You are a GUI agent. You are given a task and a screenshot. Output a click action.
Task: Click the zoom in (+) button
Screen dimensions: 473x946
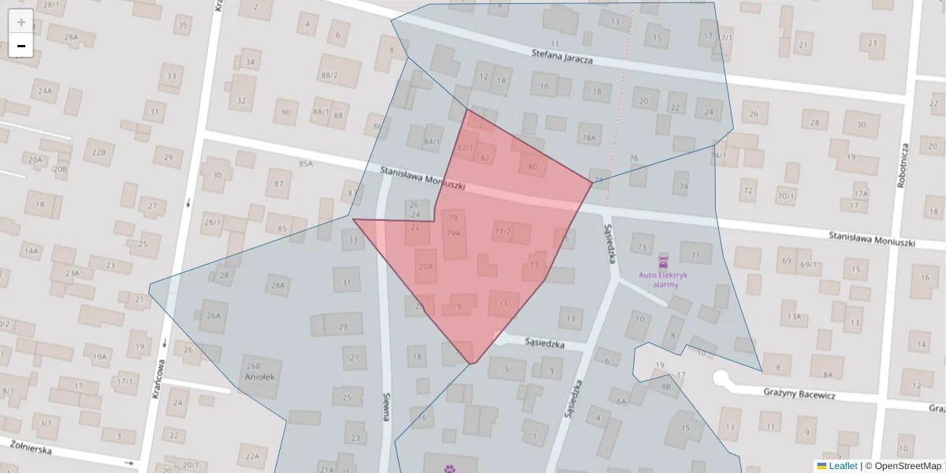tap(21, 21)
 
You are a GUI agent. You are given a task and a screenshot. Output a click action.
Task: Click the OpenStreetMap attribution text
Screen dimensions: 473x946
tap(907, 466)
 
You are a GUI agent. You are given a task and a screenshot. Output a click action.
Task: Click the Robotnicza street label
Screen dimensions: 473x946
tap(903, 165)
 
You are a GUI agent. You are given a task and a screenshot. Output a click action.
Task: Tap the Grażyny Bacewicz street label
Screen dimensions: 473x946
tap(799, 394)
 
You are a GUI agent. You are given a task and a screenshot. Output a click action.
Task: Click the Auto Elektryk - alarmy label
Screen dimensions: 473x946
tap(663, 280)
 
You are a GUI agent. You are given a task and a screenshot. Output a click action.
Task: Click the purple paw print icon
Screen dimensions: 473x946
tap(449, 468)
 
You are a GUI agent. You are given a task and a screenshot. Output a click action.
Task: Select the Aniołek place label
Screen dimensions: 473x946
tap(259, 377)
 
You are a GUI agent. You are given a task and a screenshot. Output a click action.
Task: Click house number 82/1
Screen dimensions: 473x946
tap(466, 147)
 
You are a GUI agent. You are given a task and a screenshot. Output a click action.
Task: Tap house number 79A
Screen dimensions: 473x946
tap(453, 233)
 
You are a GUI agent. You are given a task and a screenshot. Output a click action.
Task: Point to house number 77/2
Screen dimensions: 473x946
tap(503, 231)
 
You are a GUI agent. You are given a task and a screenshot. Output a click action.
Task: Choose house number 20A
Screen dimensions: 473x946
tap(426, 266)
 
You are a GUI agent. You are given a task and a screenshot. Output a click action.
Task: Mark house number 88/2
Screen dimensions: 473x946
tap(329, 76)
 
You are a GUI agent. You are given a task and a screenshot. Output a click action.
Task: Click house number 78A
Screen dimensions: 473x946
tap(589, 137)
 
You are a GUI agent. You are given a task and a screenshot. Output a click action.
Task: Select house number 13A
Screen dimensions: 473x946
tap(793, 317)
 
